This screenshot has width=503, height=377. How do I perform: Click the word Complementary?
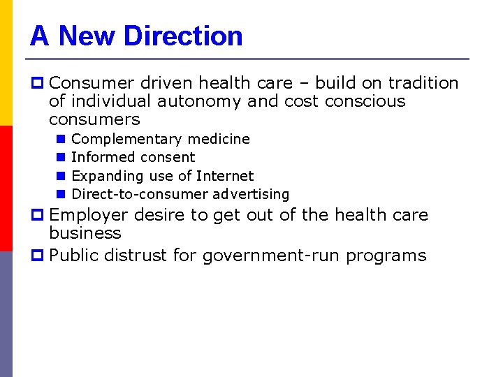pyautogui.click(x=117, y=139)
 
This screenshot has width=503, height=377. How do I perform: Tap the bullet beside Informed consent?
pyautogui.click(x=61, y=157)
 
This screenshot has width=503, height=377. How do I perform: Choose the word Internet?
pyautogui.click(x=225, y=176)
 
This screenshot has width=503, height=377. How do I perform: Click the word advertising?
pyautogui.click(x=251, y=194)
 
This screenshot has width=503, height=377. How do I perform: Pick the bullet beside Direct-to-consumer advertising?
pyautogui.click(x=61, y=194)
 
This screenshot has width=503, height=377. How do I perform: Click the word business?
pyautogui.click(x=85, y=233)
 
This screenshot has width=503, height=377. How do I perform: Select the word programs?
pyautogui.click(x=384, y=256)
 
